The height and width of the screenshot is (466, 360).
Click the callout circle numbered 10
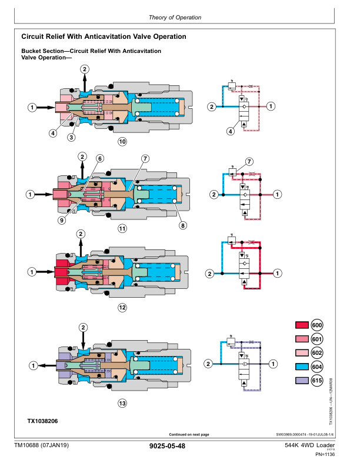pyautogui.click(x=122, y=141)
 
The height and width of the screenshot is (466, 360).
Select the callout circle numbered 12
pyautogui.click(x=122, y=307)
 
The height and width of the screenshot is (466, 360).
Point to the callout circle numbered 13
pyautogui.click(x=122, y=403)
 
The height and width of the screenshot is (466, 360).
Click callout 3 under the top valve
pyautogui.click(x=71, y=137)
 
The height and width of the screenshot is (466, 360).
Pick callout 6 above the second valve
pyautogui.click(x=100, y=158)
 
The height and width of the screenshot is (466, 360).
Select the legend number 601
pyautogui.click(x=316, y=339)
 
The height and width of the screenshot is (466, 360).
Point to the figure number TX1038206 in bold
pyautogui.click(x=43, y=421)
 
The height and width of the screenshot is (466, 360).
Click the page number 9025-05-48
pyautogui.click(x=168, y=447)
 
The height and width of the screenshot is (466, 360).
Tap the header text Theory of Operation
pyautogui.click(x=175, y=18)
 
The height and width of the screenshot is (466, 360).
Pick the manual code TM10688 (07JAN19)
pyautogui.click(x=42, y=446)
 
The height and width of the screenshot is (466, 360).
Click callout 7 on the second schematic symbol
pyautogui.click(x=249, y=161)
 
